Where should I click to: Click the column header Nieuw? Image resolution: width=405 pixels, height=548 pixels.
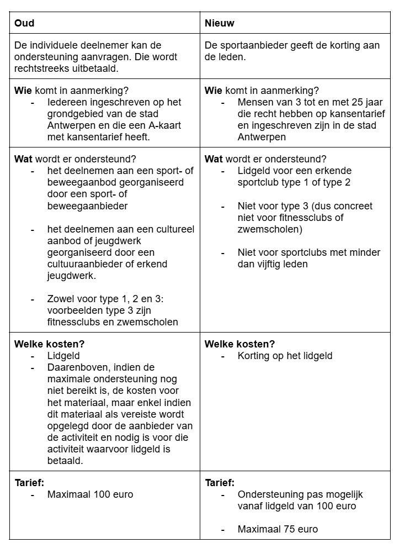[219, 23]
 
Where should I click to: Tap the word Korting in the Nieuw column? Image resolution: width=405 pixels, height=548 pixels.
[253, 356]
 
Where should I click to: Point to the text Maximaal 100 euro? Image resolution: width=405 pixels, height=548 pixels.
[90, 494]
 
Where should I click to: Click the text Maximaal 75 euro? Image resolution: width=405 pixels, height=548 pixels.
[278, 529]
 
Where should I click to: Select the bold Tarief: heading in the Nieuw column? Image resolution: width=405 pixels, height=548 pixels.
[219, 483]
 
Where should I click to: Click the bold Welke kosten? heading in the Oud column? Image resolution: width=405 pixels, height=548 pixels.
[49, 344]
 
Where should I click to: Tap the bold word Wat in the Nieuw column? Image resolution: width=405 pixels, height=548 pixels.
[212, 159]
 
